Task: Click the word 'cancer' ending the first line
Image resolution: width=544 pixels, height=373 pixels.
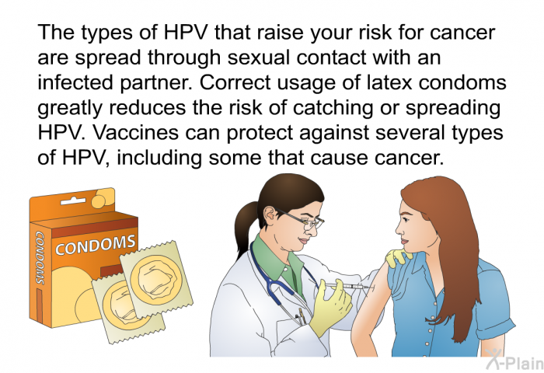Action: coord(462,33)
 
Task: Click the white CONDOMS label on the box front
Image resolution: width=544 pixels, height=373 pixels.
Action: coord(95,244)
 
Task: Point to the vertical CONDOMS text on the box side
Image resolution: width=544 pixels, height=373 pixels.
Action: coord(40,257)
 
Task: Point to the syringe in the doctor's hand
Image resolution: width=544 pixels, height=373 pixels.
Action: coord(347,287)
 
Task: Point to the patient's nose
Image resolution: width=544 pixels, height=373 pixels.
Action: coord(399,229)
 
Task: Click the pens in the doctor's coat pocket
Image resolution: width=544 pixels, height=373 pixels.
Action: coord(300,315)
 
